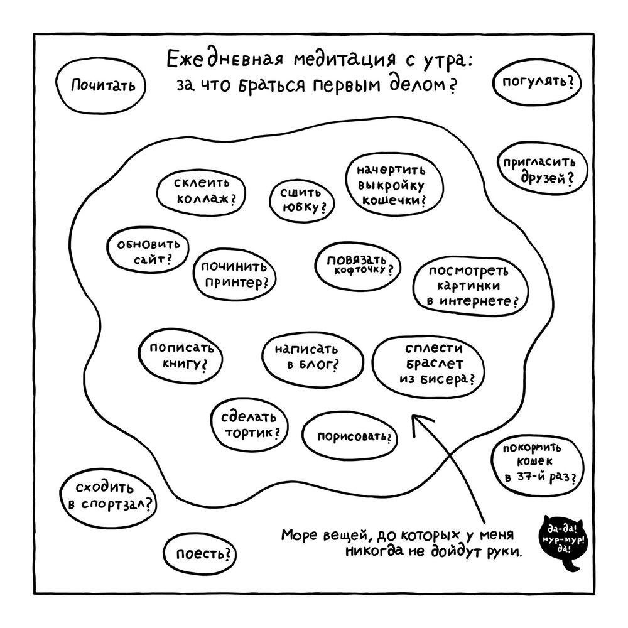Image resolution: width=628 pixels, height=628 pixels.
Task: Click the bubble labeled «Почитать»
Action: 102,85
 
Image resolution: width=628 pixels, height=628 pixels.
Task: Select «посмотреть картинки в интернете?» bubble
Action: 470,286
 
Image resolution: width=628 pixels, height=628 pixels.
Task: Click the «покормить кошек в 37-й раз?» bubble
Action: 535,462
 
